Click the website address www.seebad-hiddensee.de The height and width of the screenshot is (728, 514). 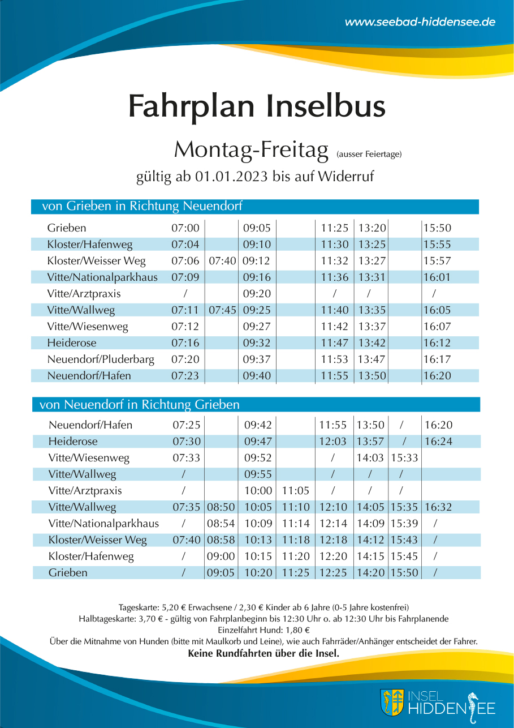pyautogui.click(x=420, y=22)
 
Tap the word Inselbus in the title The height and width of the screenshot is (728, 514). pyautogui.click(x=326, y=106)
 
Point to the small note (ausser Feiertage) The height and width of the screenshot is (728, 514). pyautogui.click(x=369, y=154)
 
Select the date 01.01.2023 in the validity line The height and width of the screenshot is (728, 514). pyautogui.click(x=231, y=177)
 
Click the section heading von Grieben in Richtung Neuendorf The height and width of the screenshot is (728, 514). pyautogui.click(x=142, y=206)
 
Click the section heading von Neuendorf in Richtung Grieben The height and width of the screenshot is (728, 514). pyautogui.click(x=140, y=405)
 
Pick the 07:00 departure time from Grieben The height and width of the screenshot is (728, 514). pyautogui.click(x=185, y=228)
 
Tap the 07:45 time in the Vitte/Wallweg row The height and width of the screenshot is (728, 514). pyautogui.click(x=222, y=310)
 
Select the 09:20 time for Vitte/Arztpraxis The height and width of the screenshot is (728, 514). pyautogui.click(x=257, y=293)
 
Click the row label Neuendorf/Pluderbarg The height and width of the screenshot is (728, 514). pyautogui.click(x=101, y=359)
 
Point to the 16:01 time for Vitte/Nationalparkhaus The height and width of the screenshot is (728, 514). pyautogui.click(x=437, y=277)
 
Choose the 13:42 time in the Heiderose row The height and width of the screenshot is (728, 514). pyautogui.click(x=372, y=343)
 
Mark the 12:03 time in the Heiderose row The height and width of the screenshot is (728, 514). pyautogui.click(x=333, y=442)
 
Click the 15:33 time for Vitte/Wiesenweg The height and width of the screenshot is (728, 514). pyautogui.click(x=404, y=458)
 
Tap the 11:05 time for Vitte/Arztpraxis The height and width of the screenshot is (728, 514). pyautogui.click(x=296, y=490)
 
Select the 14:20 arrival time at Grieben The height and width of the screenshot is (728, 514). pyautogui.click(x=370, y=573)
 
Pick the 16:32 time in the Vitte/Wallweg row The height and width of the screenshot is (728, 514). pyautogui.click(x=438, y=507)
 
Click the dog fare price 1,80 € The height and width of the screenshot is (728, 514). pyautogui.click(x=297, y=630)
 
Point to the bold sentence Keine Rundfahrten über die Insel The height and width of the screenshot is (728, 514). pyautogui.click(x=264, y=653)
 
